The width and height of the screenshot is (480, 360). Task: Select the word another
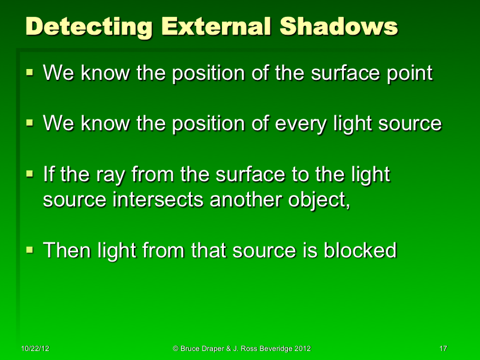(x=248, y=200)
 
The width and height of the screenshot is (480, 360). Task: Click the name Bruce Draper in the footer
(x=201, y=349)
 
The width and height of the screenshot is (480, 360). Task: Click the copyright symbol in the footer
(x=175, y=349)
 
